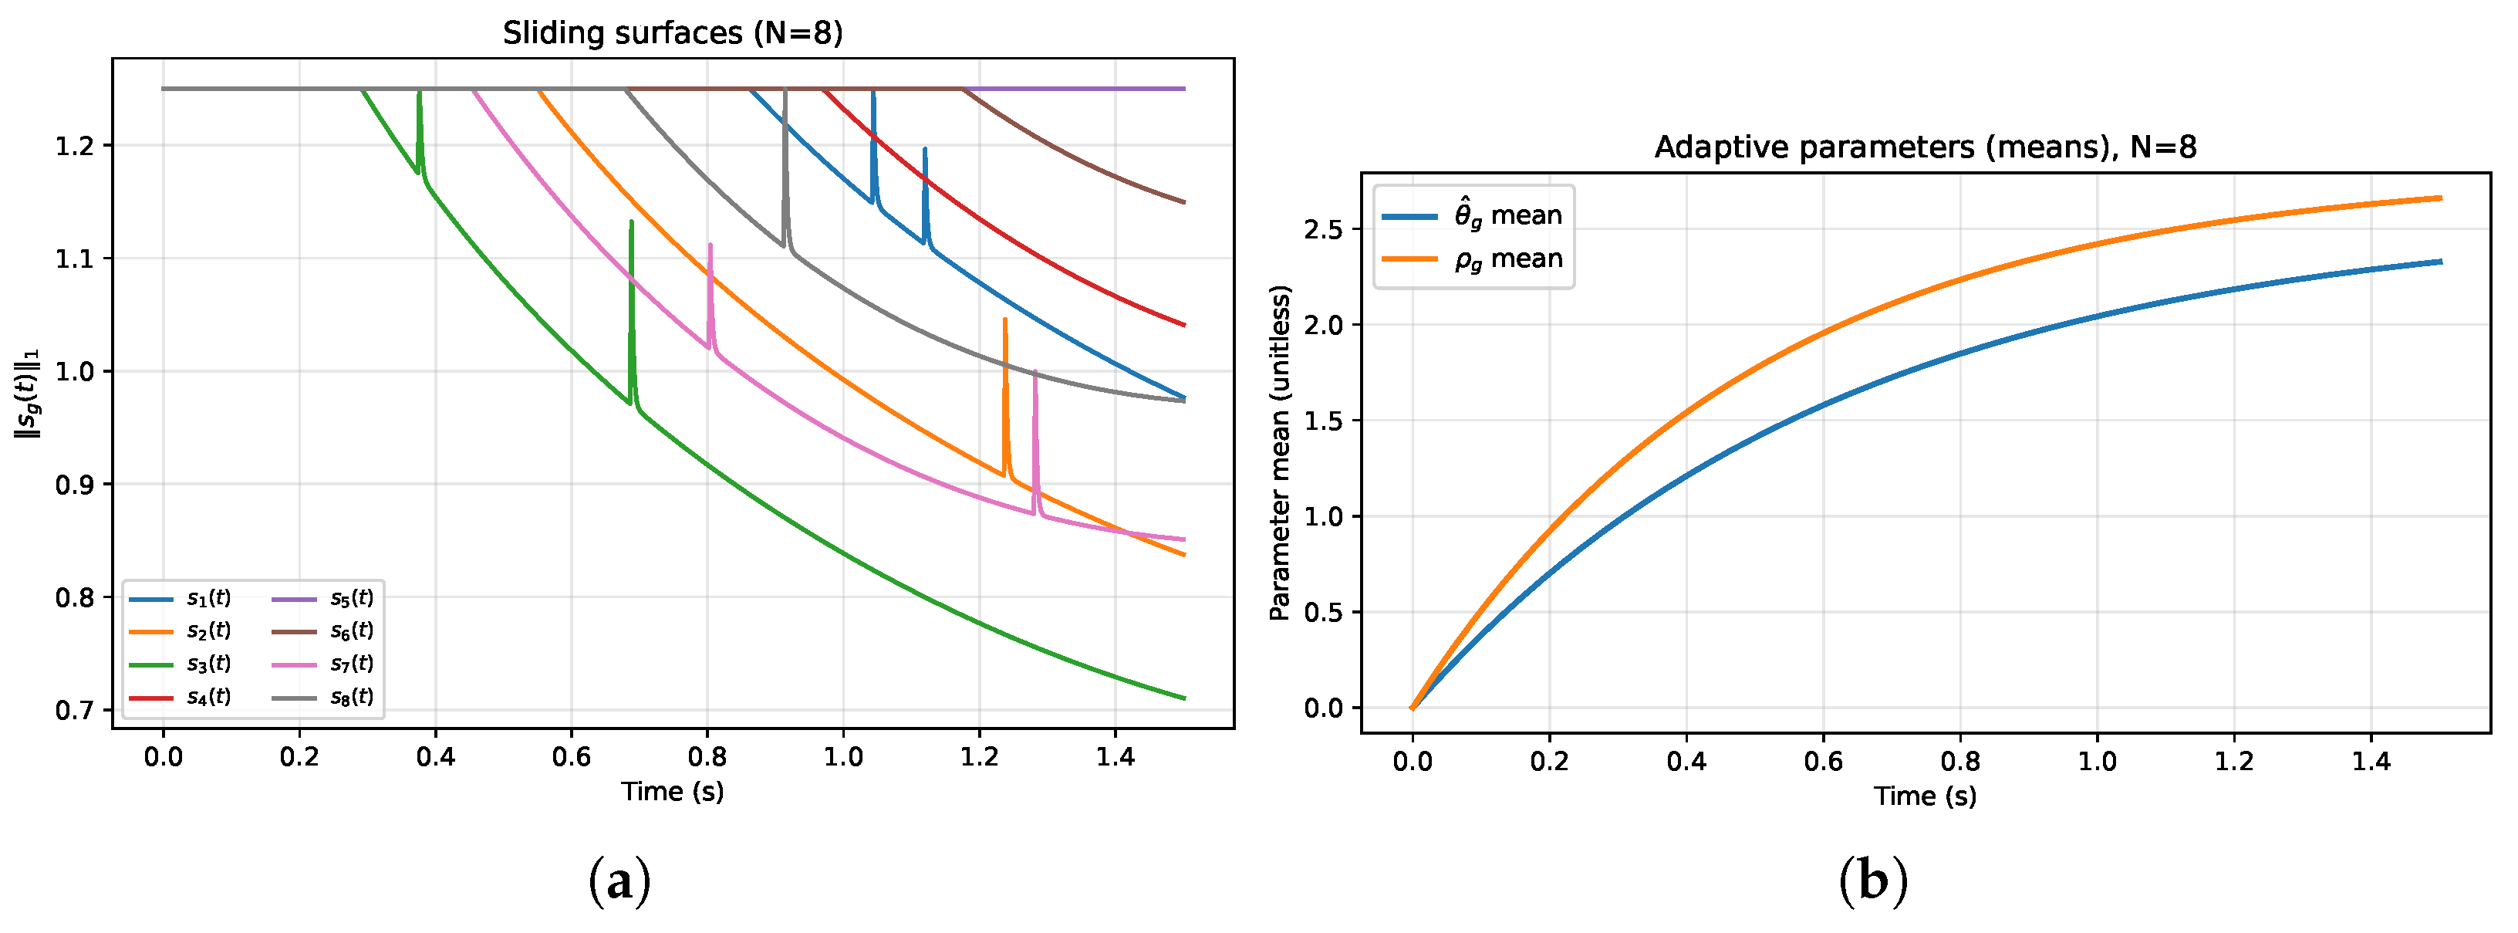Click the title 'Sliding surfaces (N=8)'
click(673, 33)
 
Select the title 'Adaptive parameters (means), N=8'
click(1925, 147)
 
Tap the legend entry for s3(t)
click(181, 663)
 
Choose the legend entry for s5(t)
click(322, 597)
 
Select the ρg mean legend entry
click(1472, 259)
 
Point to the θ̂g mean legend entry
click(1472, 215)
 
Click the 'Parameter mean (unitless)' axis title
click(1280, 453)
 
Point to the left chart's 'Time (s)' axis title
click(673, 791)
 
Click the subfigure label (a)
click(619, 882)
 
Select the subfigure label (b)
click(1873, 882)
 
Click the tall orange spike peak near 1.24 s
click(1005, 319)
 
